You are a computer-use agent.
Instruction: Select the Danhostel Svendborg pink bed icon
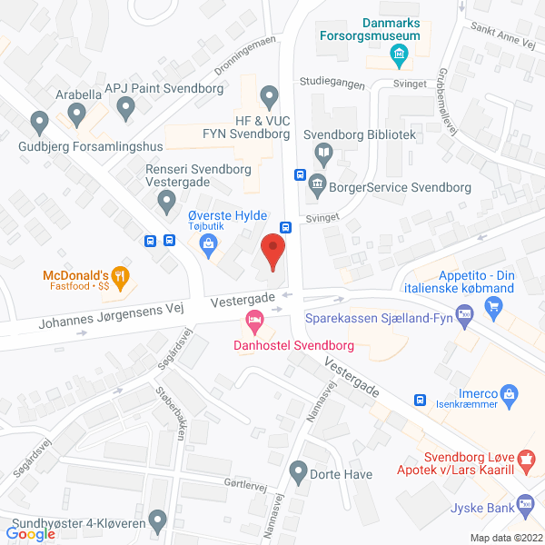tap(254, 321)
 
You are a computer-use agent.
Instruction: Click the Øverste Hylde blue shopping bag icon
tap(210, 243)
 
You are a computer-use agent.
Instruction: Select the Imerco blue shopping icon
tap(510, 393)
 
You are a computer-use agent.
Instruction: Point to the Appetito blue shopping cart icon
tap(494, 305)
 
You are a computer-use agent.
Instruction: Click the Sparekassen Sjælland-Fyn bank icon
tap(464, 316)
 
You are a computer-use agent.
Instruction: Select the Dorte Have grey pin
tap(297, 471)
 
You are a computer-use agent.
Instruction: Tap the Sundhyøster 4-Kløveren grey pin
tap(158, 522)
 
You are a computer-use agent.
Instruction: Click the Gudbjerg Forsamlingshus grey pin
tap(39, 120)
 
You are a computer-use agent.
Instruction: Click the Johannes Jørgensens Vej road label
tap(112, 316)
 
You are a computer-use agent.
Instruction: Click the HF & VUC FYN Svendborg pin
tap(268, 95)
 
